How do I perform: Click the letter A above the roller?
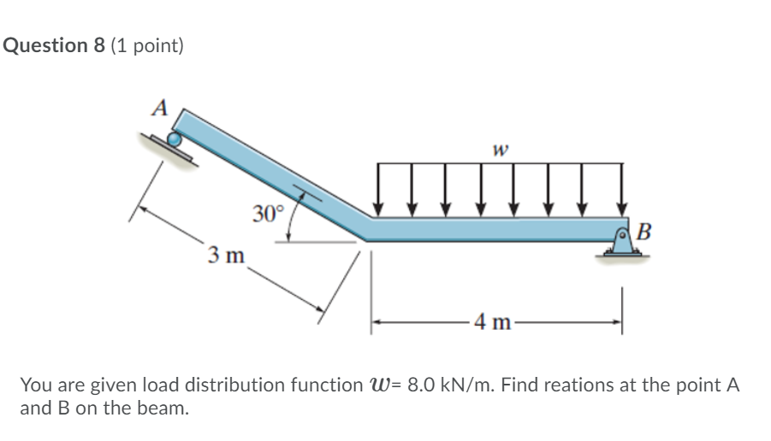(159, 109)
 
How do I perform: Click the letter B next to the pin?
(644, 231)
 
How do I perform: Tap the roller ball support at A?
(175, 139)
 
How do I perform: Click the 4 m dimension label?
(494, 322)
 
